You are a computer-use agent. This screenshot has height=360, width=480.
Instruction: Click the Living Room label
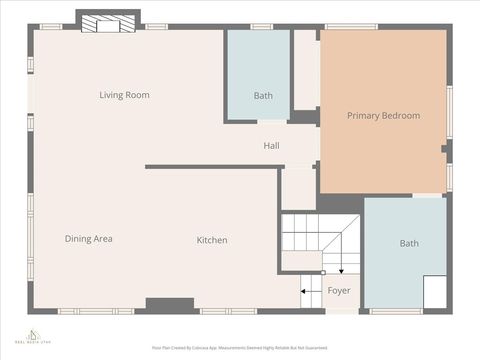click(x=124, y=95)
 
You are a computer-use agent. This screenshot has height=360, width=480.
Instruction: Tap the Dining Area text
click(x=88, y=239)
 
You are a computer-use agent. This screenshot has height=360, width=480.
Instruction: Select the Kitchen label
click(x=211, y=240)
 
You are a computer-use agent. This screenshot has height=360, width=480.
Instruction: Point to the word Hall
click(x=271, y=146)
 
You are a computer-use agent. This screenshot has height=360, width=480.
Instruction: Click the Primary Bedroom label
click(x=383, y=116)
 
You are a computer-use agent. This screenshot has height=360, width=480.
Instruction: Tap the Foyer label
click(x=339, y=291)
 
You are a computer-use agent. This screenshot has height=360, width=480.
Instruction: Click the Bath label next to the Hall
click(x=263, y=96)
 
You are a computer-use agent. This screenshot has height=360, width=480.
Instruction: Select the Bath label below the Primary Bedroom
click(x=409, y=243)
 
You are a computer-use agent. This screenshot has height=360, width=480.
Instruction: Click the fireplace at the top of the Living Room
click(x=108, y=22)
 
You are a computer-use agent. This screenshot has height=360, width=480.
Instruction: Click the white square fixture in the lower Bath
click(x=435, y=292)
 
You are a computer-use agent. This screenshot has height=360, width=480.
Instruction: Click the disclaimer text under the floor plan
click(x=240, y=347)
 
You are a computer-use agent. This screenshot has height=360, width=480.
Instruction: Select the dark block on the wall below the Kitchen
click(x=170, y=304)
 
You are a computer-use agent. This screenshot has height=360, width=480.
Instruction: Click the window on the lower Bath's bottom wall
click(x=395, y=311)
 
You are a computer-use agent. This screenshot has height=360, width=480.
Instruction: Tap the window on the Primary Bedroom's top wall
click(x=351, y=26)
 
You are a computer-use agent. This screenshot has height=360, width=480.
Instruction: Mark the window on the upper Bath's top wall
click(x=262, y=26)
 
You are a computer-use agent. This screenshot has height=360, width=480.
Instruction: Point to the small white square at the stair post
click(x=323, y=273)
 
